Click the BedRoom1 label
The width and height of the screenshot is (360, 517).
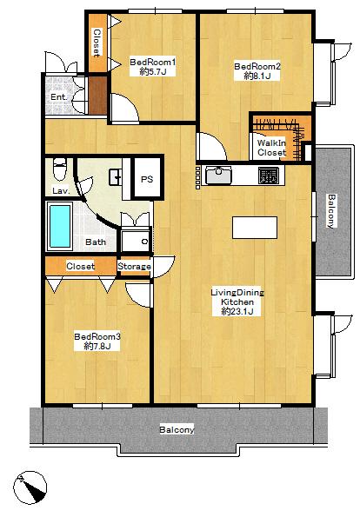153,62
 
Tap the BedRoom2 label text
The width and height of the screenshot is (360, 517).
257,66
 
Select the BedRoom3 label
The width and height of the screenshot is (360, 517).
97,336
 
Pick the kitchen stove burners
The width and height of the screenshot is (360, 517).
269,176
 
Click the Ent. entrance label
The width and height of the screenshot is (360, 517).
57,96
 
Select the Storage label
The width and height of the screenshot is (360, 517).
134,267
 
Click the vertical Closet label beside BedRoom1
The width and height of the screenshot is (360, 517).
97,41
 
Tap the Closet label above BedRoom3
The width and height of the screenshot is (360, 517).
80,266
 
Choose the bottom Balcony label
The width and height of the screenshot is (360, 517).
177,430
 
